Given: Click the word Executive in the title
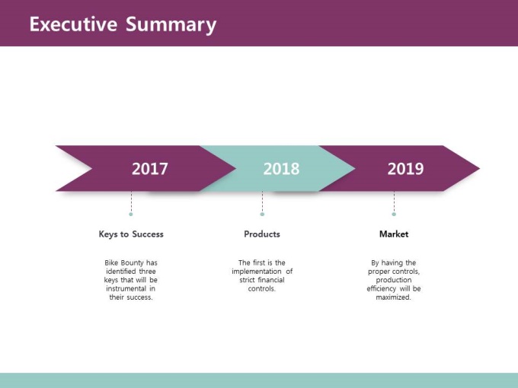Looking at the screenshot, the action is tap(73, 24).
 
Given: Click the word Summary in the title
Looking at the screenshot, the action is tap(171, 25).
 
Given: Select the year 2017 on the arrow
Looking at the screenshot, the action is tap(149, 169).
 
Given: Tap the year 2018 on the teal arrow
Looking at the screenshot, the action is tap(281, 169).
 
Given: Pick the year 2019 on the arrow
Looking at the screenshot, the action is tap(405, 169).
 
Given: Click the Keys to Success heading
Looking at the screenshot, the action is tap(131, 234).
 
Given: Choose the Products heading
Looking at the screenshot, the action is tap(262, 234).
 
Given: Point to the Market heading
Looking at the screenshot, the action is tap(394, 234).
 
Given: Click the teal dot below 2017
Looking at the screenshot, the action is tap(131, 214).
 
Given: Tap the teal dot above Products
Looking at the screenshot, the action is tap(262, 214).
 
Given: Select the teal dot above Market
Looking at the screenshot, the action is tap(394, 214).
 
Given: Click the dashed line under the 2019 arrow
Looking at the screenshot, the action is tap(394, 202).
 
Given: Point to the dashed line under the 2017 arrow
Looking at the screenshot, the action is tap(131, 202).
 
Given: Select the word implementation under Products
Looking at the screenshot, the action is tap(257, 272).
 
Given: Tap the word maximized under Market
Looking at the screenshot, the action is tap(394, 297).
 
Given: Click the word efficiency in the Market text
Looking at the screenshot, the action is tap(381, 288).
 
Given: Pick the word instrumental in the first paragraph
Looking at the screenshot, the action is tap(126, 288).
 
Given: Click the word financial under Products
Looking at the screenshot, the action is tap(271, 280).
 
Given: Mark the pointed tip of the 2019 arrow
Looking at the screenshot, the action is tap(479, 168).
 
